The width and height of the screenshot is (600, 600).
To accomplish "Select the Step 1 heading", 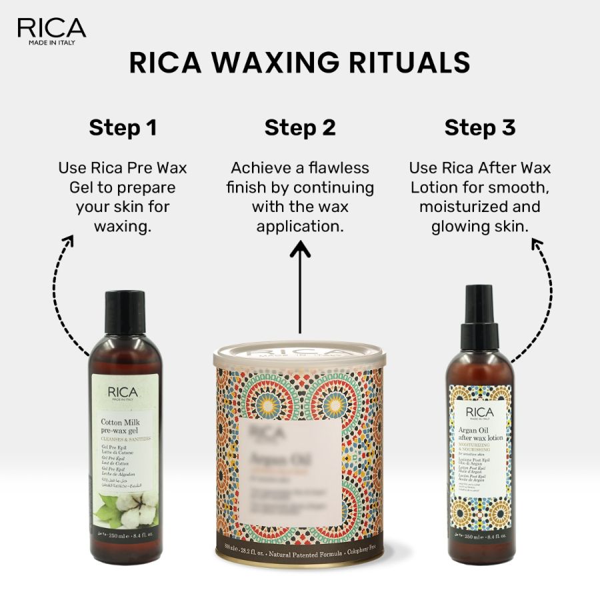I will [123, 127].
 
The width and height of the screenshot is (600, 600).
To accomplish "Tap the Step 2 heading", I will [300, 127].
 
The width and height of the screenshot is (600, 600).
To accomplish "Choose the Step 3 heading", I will [480, 127].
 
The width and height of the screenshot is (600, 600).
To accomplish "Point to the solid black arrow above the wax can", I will [300, 287].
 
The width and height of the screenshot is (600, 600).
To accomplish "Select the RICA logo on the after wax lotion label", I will [479, 411].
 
